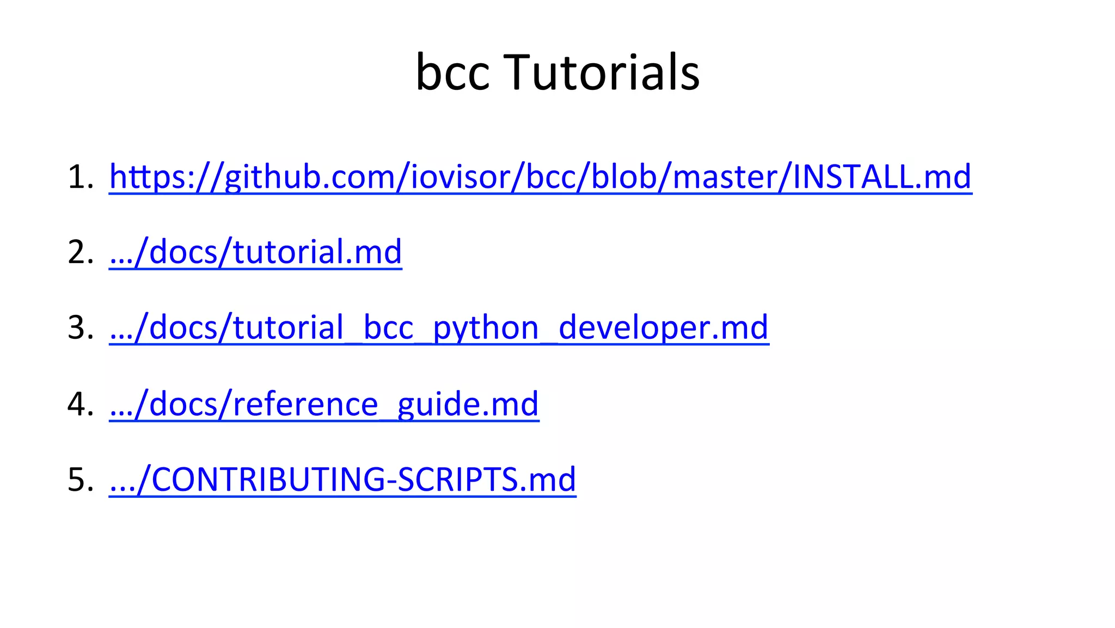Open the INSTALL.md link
point(881,176)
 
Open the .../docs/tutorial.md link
point(255,252)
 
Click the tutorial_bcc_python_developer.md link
point(439,328)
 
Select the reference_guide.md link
point(324,404)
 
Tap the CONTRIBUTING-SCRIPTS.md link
point(342,479)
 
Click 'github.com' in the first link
point(310,178)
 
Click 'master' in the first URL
point(725,178)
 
